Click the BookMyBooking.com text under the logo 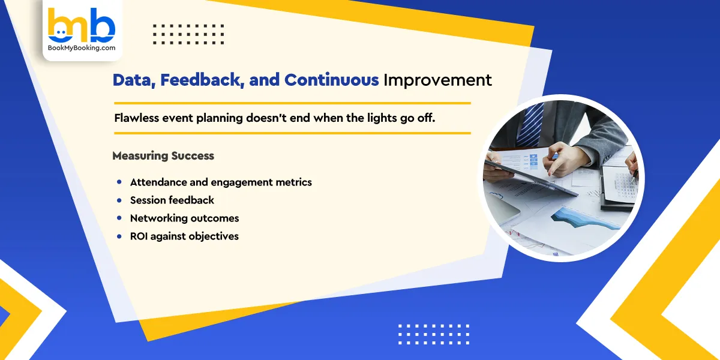pyautogui.click(x=82, y=48)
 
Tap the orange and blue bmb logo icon pyautogui.click(x=82, y=25)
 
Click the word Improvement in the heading pyautogui.click(x=437, y=80)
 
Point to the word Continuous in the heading pyautogui.click(x=331, y=80)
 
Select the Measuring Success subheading pyautogui.click(x=163, y=156)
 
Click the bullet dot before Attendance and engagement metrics pyautogui.click(x=119, y=182)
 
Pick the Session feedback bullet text pyautogui.click(x=172, y=200)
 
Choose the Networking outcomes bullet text pyautogui.click(x=184, y=218)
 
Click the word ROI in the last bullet pyautogui.click(x=139, y=236)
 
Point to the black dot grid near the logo pyautogui.click(x=188, y=34)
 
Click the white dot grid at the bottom pyautogui.click(x=434, y=334)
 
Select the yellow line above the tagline pyautogui.click(x=292, y=103)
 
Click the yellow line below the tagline pyautogui.click(x=292, y=133)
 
